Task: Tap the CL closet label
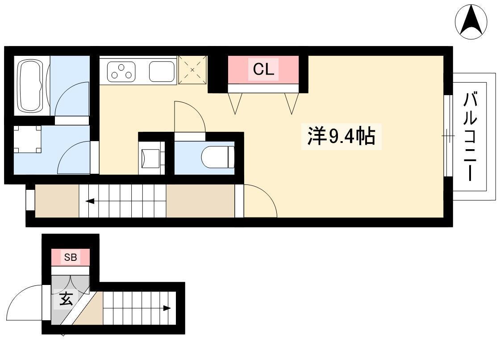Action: tap(263, 69)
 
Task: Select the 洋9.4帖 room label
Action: tap(341, 136)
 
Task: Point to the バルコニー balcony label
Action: tap(470, 136)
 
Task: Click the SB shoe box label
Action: tap(71, 257)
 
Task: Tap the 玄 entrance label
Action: tap(66, 299)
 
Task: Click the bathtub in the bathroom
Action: tap(30, 85)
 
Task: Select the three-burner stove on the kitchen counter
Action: tap(121, 72)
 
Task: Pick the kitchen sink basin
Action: tap(162, 71)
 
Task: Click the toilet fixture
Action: tap(218, 157)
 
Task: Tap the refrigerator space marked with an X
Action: tap(192, 70)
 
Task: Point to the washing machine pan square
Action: tap(27, 139)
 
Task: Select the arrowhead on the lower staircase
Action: tap(167, 308)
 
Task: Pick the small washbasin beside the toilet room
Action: tap(152, 158)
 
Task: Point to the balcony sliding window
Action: tap(448, 136)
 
